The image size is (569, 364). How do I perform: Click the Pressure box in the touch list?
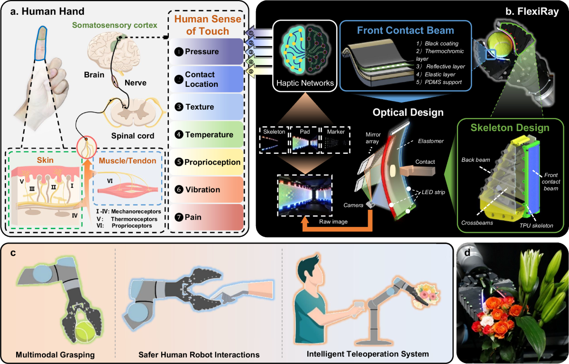(x=206, y=52)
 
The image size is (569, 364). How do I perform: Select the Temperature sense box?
(x=206, y=135)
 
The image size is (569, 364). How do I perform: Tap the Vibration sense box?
(x=206, y=190)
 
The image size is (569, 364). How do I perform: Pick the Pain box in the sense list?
(x=206, y=217)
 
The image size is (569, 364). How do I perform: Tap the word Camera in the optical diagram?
(x=353, y=205)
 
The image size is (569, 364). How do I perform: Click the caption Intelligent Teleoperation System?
(x=367, y=354)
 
